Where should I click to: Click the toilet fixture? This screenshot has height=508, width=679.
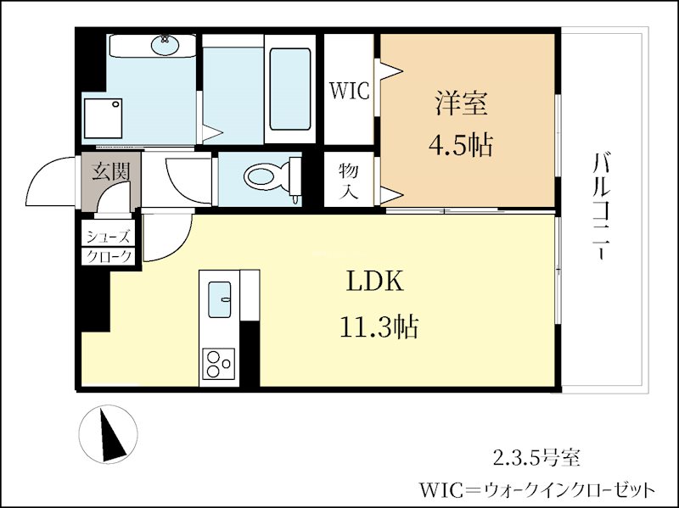(266, 178)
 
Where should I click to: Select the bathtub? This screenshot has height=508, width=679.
(289, 89)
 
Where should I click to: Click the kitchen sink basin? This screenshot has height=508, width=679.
(220, 298)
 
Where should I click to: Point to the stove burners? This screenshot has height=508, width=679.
(219, 364)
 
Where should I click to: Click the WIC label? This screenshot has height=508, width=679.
(350, 90)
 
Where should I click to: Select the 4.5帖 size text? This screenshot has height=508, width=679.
(461, 145)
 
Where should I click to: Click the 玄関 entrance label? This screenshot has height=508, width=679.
(111, 171)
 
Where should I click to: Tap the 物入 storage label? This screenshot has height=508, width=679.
(349, 180)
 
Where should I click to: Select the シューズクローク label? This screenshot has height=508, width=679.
(108, 246)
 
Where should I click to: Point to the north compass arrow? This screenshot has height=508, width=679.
(109, 434)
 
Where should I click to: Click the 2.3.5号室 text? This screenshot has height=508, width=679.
(537, 459)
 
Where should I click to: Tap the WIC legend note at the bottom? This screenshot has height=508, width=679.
(537, 490)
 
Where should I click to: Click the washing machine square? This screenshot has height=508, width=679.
(104, 119)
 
